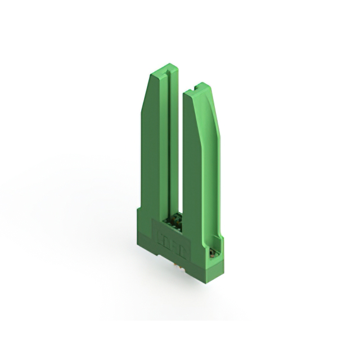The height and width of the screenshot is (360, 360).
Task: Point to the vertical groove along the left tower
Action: (x=168, y=146)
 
